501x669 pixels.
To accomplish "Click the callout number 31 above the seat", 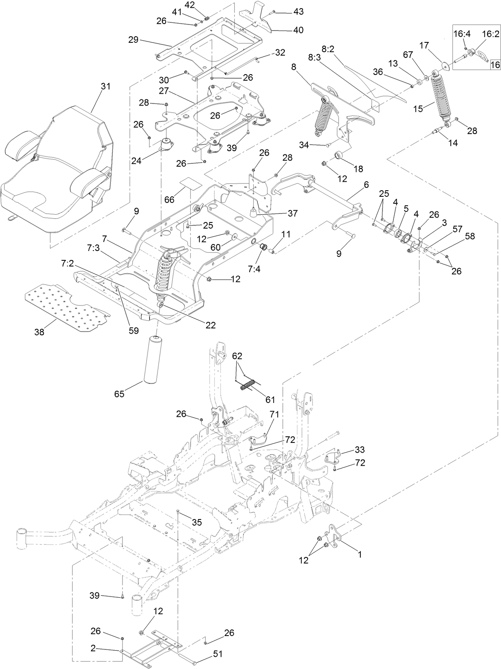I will click(105, 86).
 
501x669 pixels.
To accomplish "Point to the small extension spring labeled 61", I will click(248, 384).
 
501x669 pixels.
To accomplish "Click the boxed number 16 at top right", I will click(494, 64).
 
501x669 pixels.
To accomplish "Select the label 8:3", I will click(314, 58).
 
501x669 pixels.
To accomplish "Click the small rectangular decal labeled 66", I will click(191, 183).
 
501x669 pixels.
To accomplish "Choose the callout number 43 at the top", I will click(298, 12).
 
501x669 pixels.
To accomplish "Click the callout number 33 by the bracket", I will click(359, 450).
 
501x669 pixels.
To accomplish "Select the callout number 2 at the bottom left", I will click(93, 649).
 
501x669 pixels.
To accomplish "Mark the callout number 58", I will click(470, 236).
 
